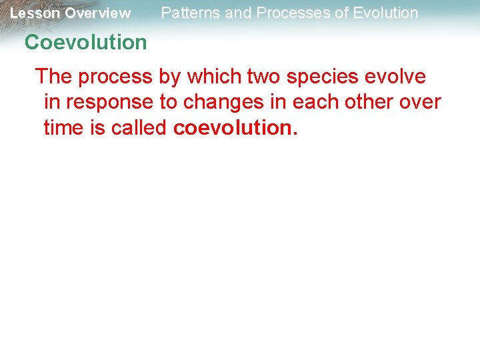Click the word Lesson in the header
(x=35, y=13)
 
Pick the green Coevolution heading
(x=85, y=43)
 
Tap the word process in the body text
(x=115, y=77)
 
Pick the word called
(x=138, y=127)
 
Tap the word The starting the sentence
(x=55, y=77)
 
